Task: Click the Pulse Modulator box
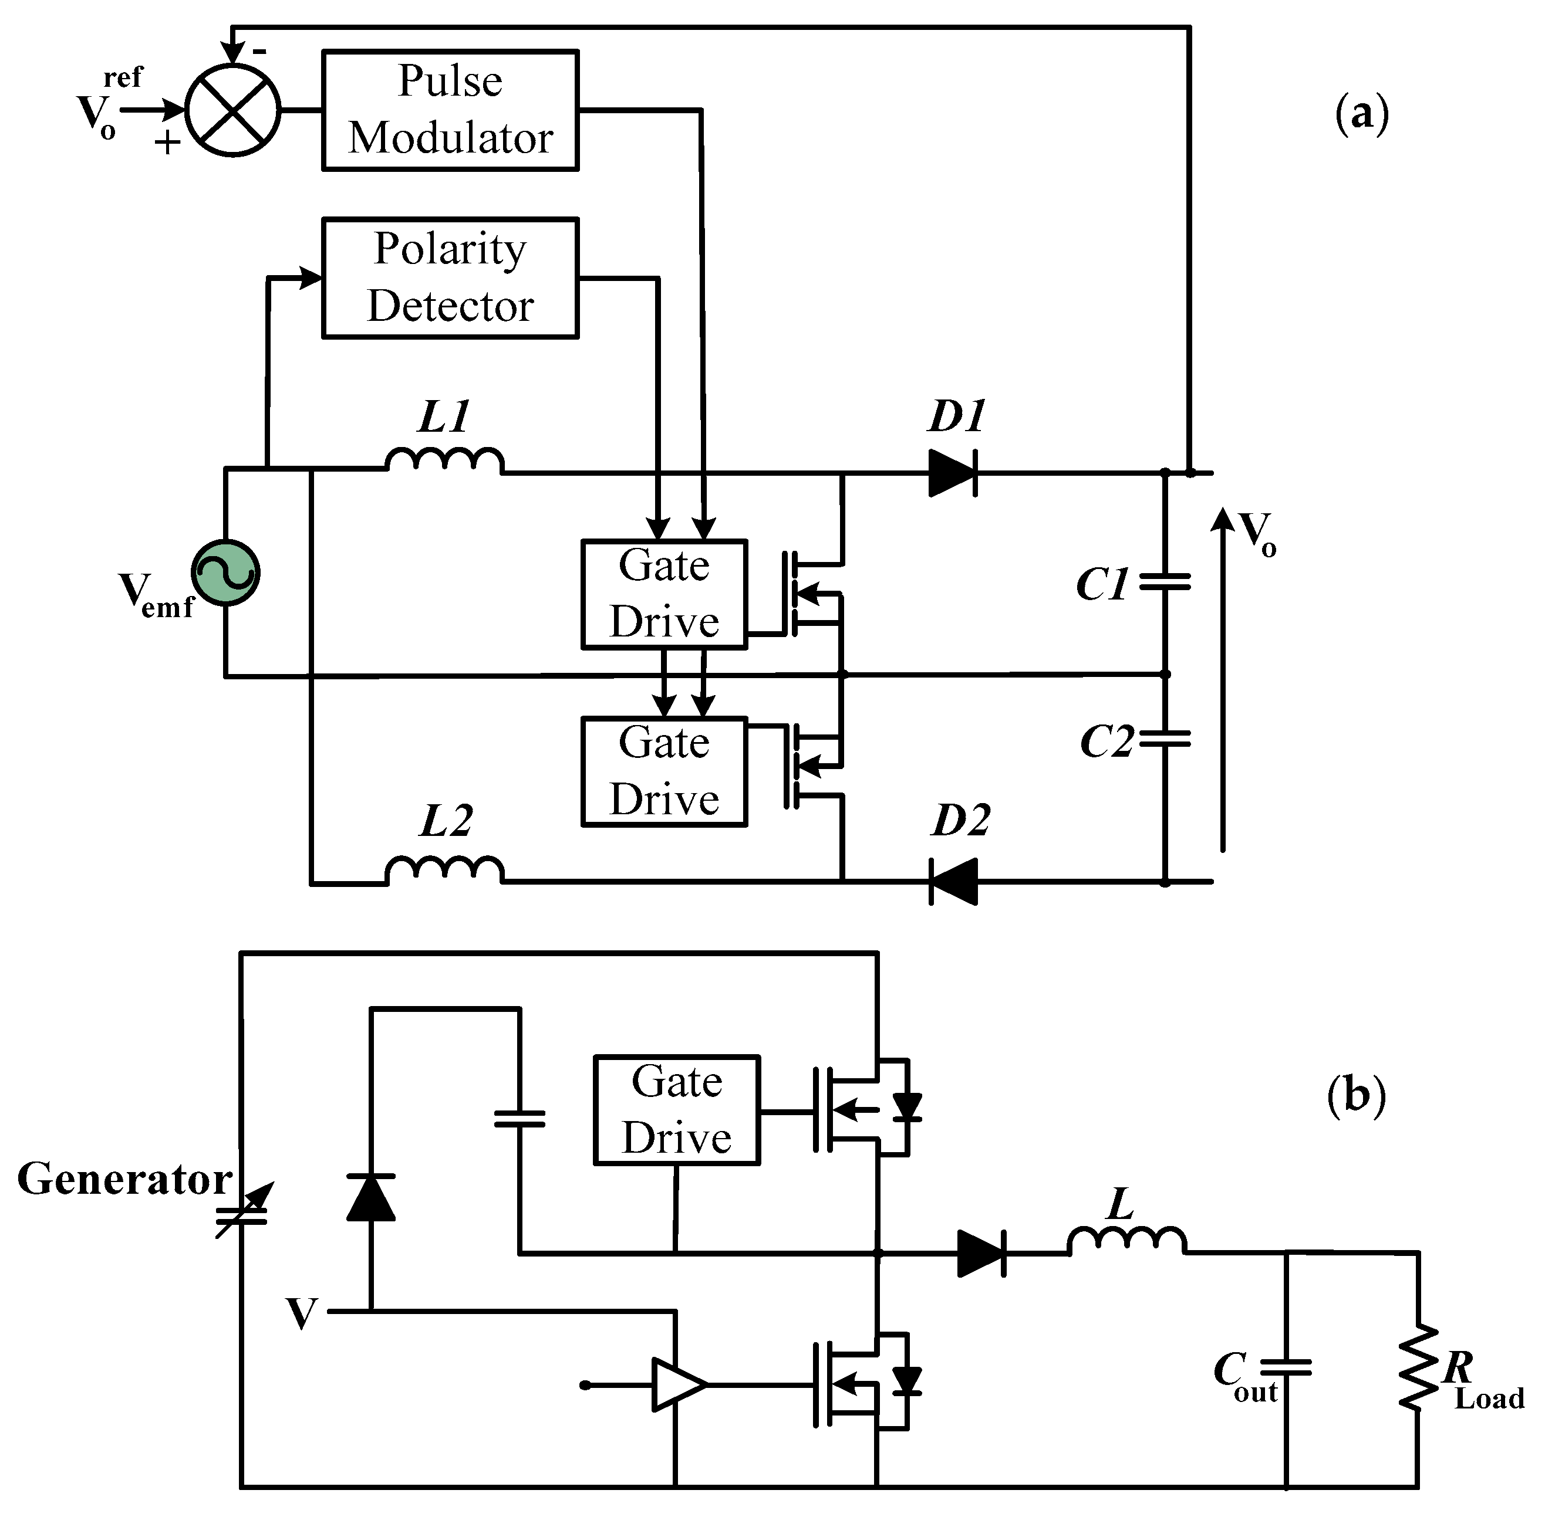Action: [x=450, y=110]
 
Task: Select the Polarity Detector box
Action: [x=450, y=278]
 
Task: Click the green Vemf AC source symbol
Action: [x=225, y=572]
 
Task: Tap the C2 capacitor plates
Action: [x=1164, y=739]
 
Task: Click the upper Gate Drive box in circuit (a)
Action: [x=663, y=594]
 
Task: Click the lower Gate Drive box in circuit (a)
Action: [x=663, y=771]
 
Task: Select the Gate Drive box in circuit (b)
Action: [x=676, y=1110]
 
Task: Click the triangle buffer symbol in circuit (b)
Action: [x=677, y=1385]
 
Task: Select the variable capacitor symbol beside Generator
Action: [x=243, y=1211]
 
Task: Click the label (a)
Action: [x=1361, y=114]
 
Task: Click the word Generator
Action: [x=124, y=1179]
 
